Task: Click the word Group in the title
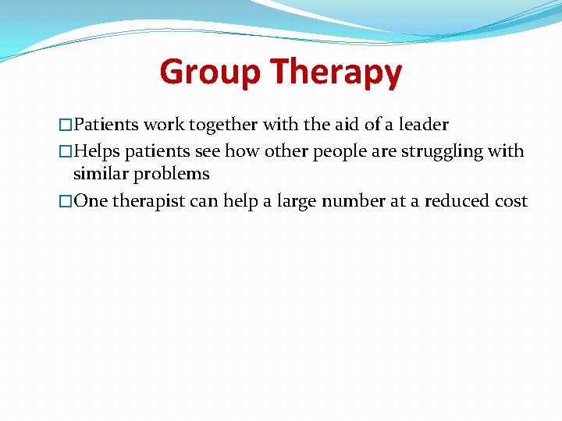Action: pos(209,73)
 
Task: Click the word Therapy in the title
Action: pos(336,73)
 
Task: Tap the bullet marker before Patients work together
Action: pos(66,125)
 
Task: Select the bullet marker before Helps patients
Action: pos(66,151)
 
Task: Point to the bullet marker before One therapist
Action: pos(66,201)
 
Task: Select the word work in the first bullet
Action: pos(162,125)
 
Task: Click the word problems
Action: pos(172,174)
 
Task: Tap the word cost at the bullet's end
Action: pos(511,201)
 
